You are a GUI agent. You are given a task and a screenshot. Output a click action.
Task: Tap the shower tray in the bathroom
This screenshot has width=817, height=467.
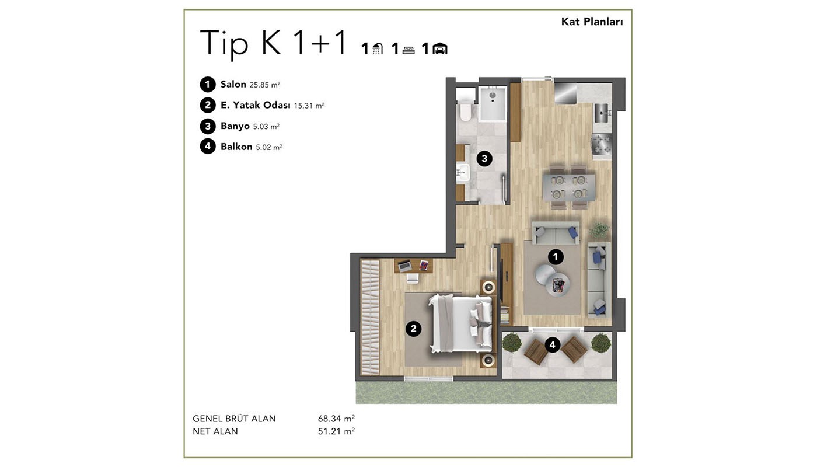(493, 104)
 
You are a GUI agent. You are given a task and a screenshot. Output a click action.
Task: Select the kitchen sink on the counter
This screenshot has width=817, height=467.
(602, 113)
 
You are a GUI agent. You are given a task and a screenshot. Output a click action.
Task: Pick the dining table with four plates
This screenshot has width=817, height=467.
(568, 187)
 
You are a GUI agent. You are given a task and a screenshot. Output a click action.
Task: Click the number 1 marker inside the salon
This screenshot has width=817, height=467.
(556, 257)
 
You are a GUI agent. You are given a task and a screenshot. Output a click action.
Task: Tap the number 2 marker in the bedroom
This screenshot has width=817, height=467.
(413, 329)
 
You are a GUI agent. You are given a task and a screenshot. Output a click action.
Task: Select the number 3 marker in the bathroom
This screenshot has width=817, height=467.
(484, 159)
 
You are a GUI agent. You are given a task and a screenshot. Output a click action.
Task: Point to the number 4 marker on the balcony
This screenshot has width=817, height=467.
(552, 345)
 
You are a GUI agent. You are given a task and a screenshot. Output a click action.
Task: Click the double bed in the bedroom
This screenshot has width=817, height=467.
(460, 323)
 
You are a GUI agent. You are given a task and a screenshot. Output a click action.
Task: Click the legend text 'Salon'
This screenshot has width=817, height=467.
(233, 84)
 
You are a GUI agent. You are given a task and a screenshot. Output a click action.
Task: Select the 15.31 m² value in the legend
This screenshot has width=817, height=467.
(309, 106)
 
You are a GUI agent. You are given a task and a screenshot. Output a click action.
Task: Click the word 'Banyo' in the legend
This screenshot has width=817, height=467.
(235, 126)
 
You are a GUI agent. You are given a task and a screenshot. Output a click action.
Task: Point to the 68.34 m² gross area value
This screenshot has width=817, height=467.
(336, 418)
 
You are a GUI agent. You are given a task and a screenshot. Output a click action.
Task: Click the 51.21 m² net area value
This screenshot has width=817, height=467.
(336, 431)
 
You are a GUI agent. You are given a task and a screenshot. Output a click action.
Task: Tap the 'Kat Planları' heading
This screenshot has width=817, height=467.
(592, 22)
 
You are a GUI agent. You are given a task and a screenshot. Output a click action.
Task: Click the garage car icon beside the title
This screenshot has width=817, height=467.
(440, 49)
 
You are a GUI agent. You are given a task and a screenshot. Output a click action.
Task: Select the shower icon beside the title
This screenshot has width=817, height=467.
(378, 48)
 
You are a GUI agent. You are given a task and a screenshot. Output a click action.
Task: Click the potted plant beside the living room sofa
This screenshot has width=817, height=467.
(599, 230)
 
